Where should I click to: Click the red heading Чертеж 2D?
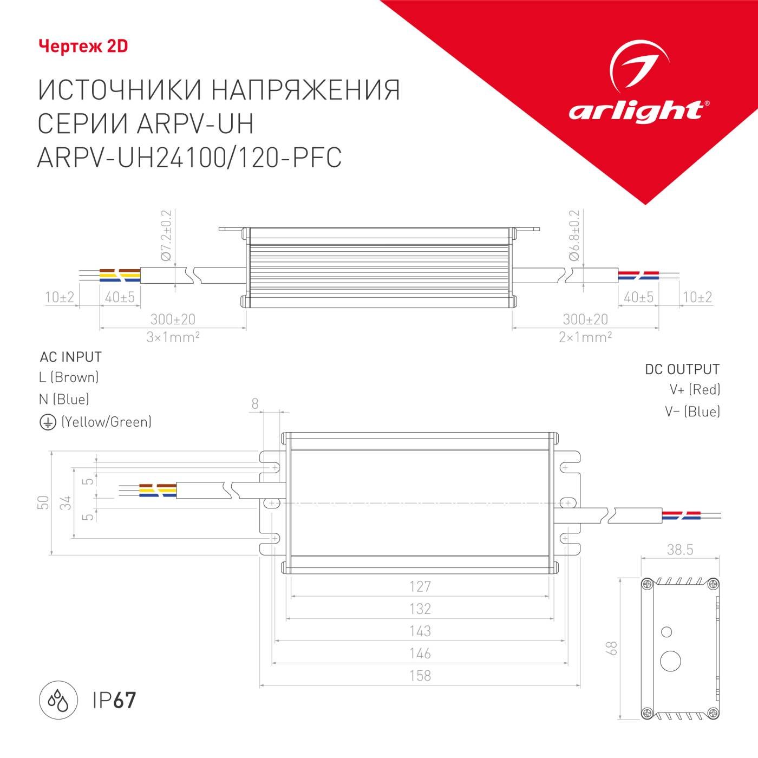pos(83,47)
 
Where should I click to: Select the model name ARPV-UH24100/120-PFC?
pos(190,158)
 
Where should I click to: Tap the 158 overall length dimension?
pos(420,676)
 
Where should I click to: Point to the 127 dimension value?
pos(420,586)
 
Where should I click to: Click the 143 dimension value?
pos(420,631)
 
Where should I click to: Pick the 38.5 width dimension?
pos(680,550)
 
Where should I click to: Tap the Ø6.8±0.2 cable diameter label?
pos(574,236)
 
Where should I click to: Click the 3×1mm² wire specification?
pos(173,337)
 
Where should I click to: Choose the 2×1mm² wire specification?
pos(585,337)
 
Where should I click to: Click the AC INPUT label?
pos(71,357)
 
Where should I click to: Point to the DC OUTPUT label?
pos(682,370)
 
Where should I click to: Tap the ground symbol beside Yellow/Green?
pos(48,422)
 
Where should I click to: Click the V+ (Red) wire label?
pos(695,390)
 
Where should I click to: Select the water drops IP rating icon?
pos(58,701)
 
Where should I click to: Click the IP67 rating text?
pos(114,701)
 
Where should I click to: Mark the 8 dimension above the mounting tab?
pos(255,403)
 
